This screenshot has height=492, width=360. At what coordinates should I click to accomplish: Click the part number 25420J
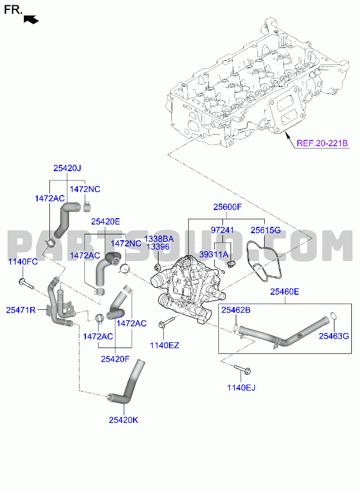pyautogui.click(x=67, y=168)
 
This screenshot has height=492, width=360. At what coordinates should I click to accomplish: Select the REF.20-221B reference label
pyautogui.click(x=322, y=143)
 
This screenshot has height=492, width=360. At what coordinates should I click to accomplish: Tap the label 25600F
pyautogui.click(x=228, y=207)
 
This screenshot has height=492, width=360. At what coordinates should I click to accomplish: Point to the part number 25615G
pyautogui.click(x=265, y=230)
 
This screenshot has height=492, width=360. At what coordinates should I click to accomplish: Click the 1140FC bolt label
pyautogui.click(x=23, y=262)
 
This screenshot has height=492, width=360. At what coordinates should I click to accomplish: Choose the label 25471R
pyautogui.click(x=21, y=310)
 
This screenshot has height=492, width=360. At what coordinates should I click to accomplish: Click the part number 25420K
pyautogui.click(x=124, y=420)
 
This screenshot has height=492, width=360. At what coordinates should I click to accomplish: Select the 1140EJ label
pyautogui.click(x=241, y=388)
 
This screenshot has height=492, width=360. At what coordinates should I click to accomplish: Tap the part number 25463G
pyautogui.click(x=334, y=336)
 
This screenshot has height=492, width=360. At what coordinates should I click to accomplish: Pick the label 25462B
pyautogui.click(x=236, y=310)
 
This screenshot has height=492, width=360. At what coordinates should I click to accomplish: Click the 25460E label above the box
pyautogui.click(x=285, y=292)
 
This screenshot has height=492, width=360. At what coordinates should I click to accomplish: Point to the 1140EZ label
pyautogui.click(x=164, y=345)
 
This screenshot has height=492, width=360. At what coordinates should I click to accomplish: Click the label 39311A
pyautogui.click(x=214, y=255)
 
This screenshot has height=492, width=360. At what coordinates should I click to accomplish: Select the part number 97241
pyautogui.click(x=222, y=230)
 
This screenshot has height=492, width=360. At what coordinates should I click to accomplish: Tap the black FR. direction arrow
pyautogui.click(x=31, y=20)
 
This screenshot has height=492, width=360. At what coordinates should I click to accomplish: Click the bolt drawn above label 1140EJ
pyautogui.click(x=242, y=369)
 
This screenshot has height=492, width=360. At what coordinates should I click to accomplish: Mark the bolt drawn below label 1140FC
pyautogui.click(x=27, y=284)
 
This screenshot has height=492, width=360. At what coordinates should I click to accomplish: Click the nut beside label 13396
pyautogui.click(x=158, y=267)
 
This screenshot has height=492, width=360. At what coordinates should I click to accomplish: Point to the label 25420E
pyautogui.click(x=106, y=222)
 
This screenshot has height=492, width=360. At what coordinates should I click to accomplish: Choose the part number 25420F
pyautogui.click(x=115, y=359)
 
